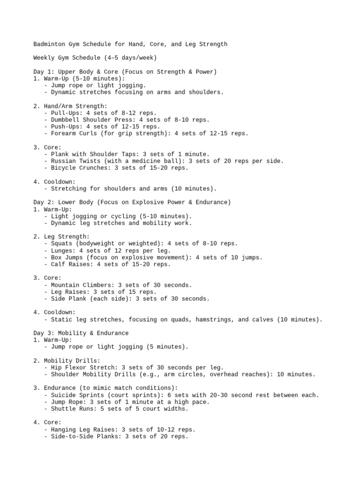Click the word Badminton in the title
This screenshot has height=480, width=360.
pos(49,44)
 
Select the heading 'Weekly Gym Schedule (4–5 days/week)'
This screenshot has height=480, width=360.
pos(95,58)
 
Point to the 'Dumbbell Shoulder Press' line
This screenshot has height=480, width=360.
pos(127,120)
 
